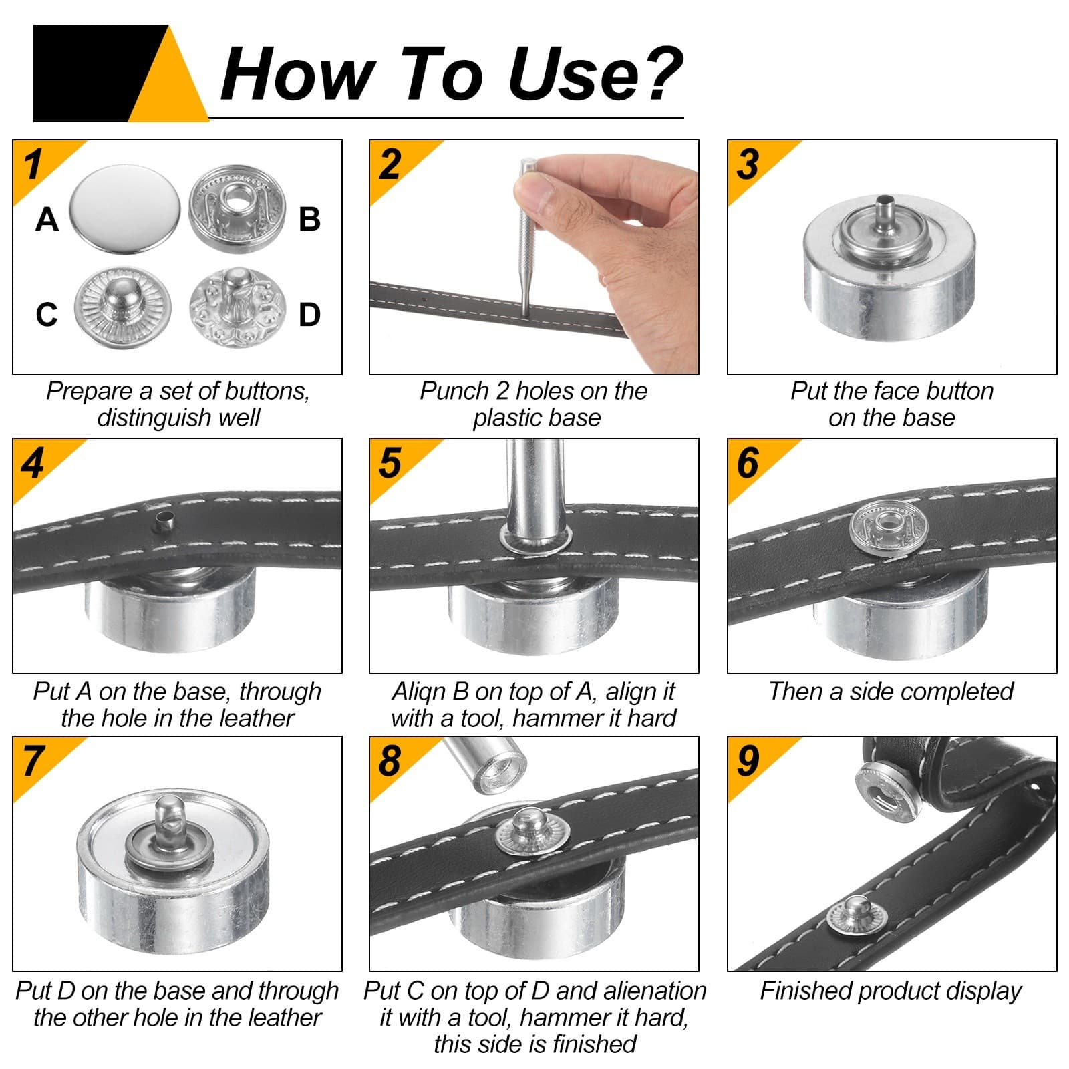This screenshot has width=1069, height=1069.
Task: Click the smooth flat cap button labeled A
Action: (125, 208)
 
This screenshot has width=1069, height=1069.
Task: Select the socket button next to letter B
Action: (237, 208)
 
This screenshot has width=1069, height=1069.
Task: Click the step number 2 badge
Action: (390, 165)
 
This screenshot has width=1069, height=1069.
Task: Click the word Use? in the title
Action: (595, 75)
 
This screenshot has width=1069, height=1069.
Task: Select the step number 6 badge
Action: (748, 463)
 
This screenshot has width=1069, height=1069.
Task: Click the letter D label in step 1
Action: (309, 315)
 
